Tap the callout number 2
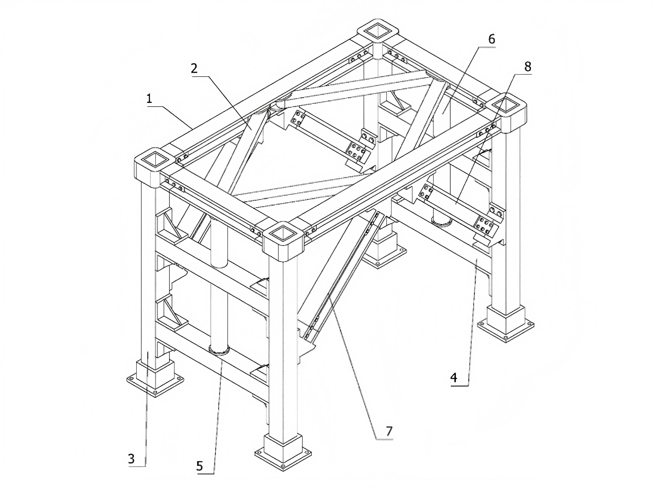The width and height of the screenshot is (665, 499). tap(194, 69)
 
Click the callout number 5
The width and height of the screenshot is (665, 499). tap(200, 466)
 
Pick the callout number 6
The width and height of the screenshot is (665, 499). tap(491, 39)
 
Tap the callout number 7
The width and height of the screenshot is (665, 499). tap(389, 431)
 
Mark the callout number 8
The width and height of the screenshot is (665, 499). tap(528, 67)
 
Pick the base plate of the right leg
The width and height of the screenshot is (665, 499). tap(506, 329)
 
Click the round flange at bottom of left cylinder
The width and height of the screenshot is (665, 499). tap(219, 350)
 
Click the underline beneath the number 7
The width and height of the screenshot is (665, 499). tap(385, 440)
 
